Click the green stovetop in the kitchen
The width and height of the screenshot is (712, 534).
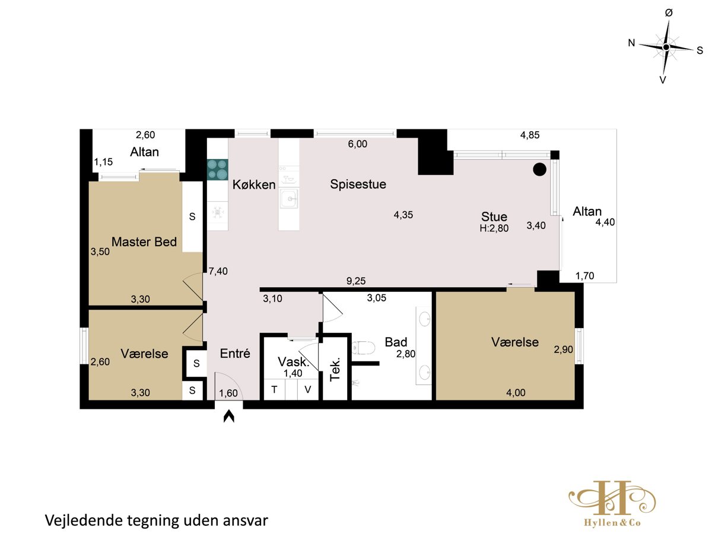point(217,169)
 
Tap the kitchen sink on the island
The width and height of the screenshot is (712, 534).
point(288,198)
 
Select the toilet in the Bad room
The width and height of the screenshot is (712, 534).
point(364,348)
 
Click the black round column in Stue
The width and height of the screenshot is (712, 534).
point(539,169)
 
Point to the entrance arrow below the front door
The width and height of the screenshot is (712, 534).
point(228,416)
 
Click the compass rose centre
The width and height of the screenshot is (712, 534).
point(666,47)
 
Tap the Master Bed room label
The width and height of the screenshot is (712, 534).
point(144,242)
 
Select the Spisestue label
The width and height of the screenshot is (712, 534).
point(358,184)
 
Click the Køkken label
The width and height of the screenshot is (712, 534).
point(254,185)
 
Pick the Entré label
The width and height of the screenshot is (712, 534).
point(235,353)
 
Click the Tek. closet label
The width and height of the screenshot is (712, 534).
point(335,369)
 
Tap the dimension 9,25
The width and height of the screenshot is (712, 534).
point(356,281)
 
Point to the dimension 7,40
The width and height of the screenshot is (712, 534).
point(218,271)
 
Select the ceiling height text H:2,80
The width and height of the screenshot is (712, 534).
point(494,228)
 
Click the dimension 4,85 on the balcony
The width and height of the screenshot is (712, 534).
point(530,135)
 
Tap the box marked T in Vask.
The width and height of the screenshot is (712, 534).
point(275,389)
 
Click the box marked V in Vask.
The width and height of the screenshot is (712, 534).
point(307,389)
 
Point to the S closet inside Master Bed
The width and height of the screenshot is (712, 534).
point(192,217)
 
